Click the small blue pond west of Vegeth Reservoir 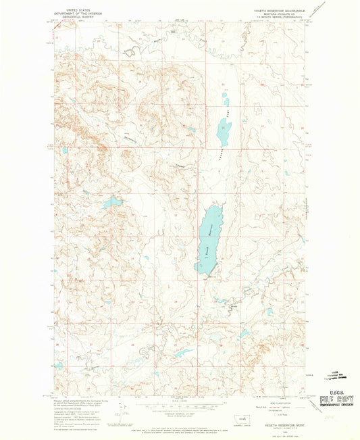(x=112, y=201)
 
